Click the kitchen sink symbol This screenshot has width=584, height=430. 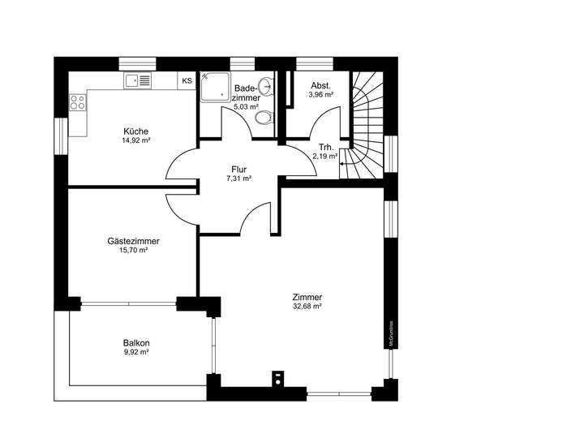click(139, 80)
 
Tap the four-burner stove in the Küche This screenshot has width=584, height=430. click(79, 102)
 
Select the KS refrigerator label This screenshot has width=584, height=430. click(187, 80)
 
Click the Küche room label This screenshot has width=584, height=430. click(135, 131)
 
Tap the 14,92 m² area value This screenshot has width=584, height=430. click(135, 140)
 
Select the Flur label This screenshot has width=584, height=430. click(238, 170)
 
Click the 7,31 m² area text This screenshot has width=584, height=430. click(238, 178)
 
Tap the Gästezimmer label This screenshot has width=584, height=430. click(133, 241)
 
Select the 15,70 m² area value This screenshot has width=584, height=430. click(133, 251)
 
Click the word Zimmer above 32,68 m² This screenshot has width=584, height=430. click(308, 297)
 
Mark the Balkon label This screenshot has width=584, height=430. click(136, 342)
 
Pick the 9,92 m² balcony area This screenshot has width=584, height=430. click(136, 352)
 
